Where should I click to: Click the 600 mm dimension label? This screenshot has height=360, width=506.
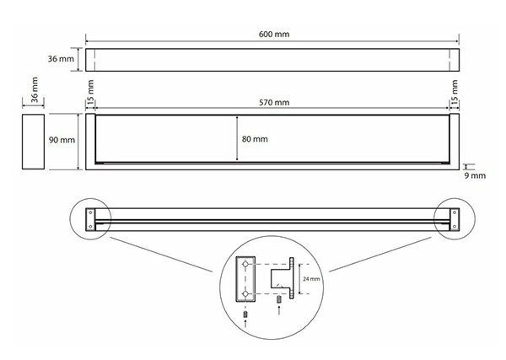coord(274,35)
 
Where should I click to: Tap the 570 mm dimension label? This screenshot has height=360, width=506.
coord(274,103)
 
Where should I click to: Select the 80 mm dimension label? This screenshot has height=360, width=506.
coord(255,139)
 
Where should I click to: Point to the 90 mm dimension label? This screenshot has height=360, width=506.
coord(62,140)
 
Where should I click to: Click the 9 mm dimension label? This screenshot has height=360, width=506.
coord(475,176)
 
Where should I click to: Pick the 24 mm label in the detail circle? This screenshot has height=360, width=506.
coord(311,279)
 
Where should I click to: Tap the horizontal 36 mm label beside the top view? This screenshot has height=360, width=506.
coord(61,59)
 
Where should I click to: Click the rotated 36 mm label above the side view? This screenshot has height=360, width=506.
coord(35,89)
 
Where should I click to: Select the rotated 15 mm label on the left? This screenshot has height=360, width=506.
coord(90,91)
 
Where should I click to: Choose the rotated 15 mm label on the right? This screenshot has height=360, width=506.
coord(455,91)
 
